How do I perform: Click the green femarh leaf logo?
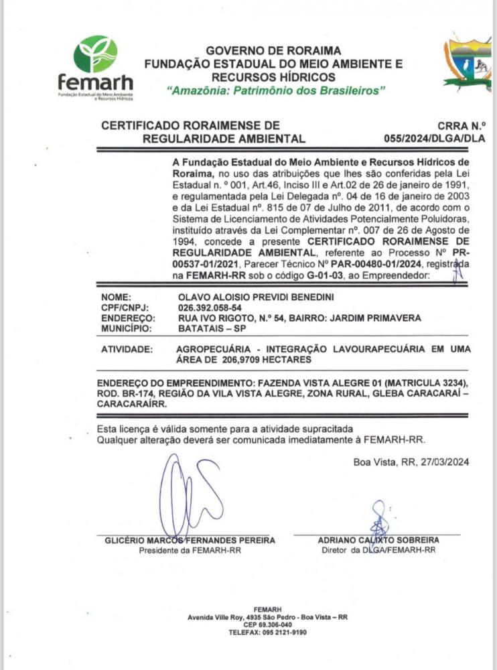(95, 54)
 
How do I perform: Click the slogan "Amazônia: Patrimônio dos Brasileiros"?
(276, 90)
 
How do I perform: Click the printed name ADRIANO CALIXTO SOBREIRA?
(378, 540)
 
